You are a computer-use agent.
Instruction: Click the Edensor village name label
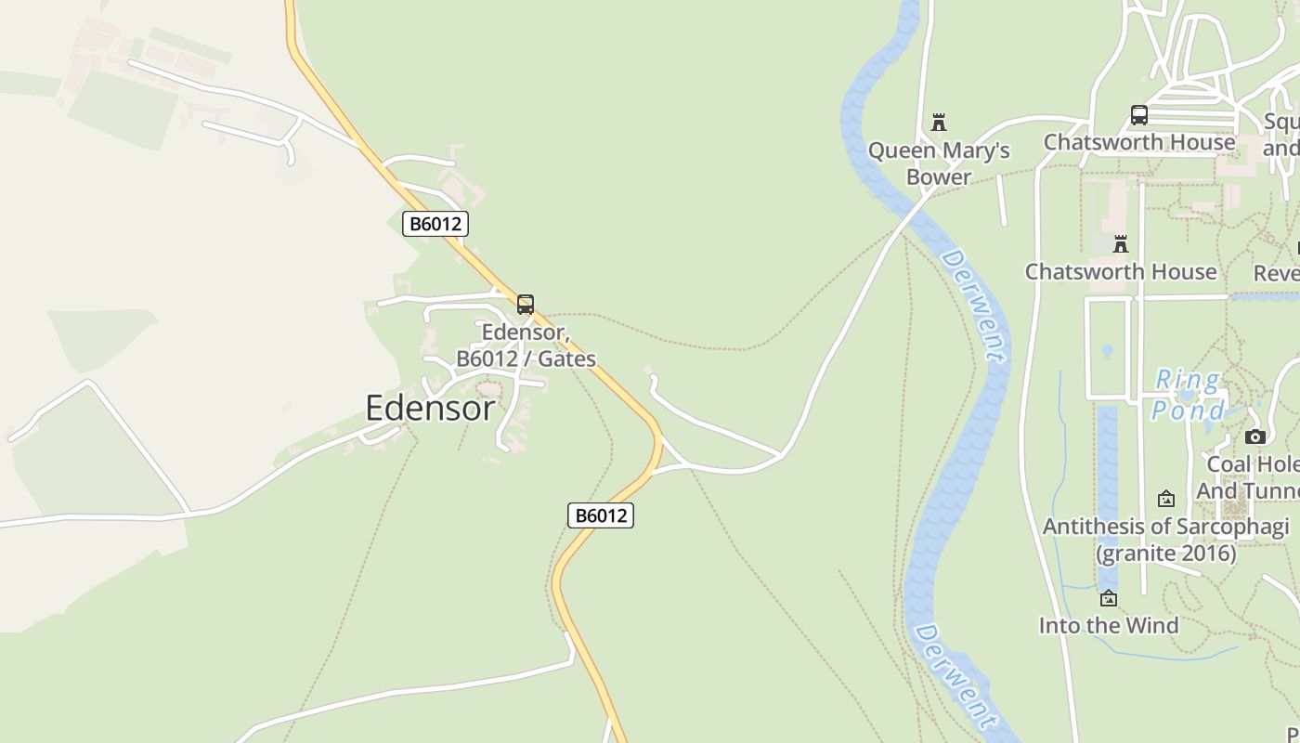pos(430,408)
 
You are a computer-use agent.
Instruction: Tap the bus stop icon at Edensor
pos(526,304)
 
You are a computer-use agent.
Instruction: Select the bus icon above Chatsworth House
pos(1139,115)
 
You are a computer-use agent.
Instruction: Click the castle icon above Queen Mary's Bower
pos(939,123)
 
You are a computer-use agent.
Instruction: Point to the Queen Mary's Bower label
pos(939,163)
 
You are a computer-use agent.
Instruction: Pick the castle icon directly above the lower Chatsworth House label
pos(1121,244)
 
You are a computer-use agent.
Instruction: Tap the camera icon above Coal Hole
pos(1255,437)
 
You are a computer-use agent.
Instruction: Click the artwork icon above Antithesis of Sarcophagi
pos(1166,500)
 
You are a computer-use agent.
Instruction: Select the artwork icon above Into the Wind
pos(1108,598)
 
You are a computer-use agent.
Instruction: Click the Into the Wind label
pos(1108,625)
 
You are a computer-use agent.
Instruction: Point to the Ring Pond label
pos(1187,395)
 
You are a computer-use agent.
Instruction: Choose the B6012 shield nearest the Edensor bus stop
pos(435,224)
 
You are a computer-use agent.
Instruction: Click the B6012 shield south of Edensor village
pos(601,515)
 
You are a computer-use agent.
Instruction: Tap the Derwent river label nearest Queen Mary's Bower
pos(972,305)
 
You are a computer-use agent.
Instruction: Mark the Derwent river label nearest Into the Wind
pos(954,676)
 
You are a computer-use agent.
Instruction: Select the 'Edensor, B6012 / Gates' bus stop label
pos(526,345)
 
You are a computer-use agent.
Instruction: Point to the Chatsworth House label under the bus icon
pos(1139,142)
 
